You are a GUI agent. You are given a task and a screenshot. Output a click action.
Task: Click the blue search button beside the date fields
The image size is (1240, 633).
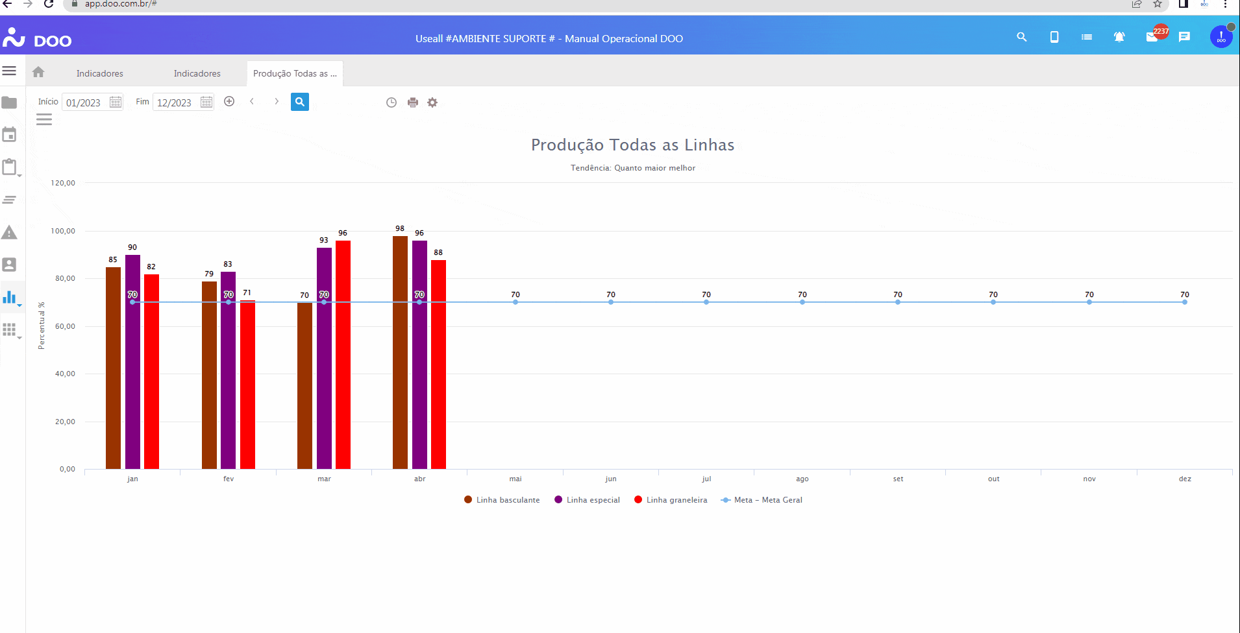coord(299,102)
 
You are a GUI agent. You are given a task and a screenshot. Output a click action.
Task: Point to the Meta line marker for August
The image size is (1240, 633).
coord(802,302)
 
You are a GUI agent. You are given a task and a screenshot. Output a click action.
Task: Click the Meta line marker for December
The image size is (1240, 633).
coord(1185,302)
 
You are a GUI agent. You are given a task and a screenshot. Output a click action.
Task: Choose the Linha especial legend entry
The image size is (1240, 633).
coord(588,500)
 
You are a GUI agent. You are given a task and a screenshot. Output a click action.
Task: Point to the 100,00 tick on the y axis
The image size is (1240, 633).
coord(63,231)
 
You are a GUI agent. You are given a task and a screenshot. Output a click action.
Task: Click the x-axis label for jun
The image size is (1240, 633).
coord(611,479)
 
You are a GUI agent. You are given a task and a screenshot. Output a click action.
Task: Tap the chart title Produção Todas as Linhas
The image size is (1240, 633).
coord(632,145)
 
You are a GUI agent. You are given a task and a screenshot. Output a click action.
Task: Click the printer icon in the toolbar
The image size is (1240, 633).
coord(413,102)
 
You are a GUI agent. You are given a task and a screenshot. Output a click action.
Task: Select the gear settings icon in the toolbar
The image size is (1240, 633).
coord(432,102)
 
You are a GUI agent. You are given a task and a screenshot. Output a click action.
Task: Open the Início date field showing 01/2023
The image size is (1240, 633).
coord(84,102)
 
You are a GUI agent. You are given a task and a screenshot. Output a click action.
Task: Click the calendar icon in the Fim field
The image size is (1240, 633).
coord(206,102)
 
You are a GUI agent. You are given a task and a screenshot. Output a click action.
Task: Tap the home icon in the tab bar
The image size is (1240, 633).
coord(38,73)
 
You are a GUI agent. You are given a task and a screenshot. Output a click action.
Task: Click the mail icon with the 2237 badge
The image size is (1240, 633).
coord(1152,37)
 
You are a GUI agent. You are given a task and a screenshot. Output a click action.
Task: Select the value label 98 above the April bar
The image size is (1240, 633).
coord(400,228)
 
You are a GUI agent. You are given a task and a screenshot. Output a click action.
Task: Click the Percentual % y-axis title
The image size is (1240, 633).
coord(42,326)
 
